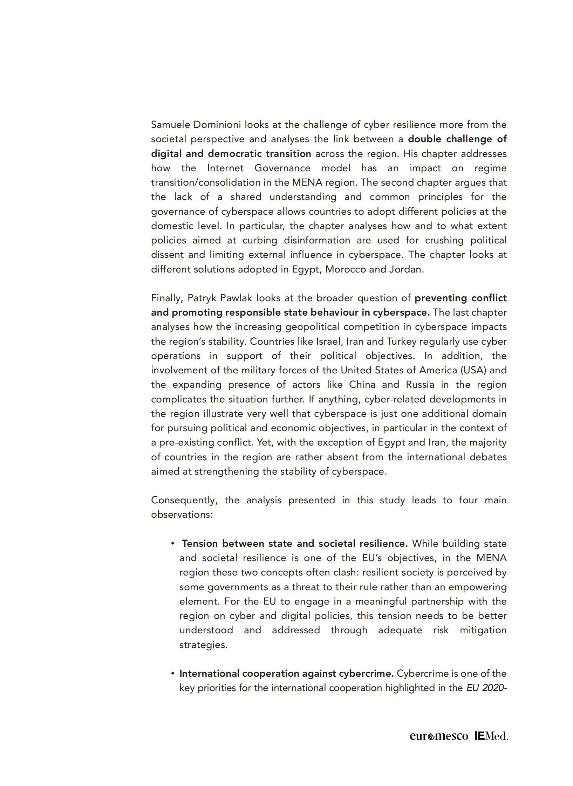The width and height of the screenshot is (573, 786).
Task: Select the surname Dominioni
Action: [217, 125]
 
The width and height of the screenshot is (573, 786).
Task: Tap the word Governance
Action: [282, 168]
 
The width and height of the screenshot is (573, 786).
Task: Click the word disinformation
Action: [317, 240]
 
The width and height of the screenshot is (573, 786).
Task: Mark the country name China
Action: [362, 385]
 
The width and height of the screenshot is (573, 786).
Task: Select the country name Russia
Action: [420, 385]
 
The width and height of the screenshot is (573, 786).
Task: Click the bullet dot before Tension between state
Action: [172, 544]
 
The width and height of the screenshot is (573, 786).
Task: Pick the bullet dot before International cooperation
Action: [172, 674]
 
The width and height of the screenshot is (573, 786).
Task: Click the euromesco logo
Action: [439, 736]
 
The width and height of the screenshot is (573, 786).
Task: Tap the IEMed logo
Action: [491, 736]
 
